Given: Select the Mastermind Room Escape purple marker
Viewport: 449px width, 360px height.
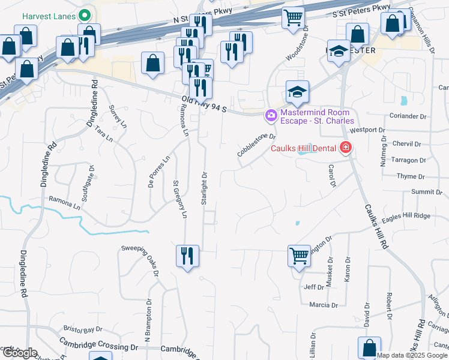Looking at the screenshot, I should tap(271, 115).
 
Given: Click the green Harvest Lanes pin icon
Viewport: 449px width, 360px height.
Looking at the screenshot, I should tap(85, 14).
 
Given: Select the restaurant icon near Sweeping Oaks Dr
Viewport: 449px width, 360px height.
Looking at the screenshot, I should tap(187, 256).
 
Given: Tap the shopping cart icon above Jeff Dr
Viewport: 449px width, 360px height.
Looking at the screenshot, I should tap(299, 256).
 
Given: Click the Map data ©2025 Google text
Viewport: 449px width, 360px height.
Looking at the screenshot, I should tap(411, 355).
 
